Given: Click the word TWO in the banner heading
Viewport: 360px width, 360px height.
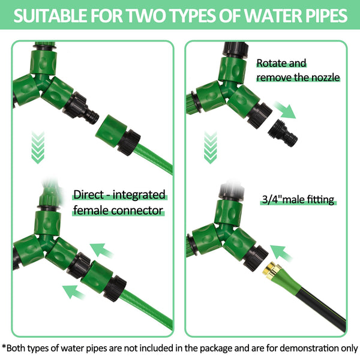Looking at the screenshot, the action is [x=146, y=16].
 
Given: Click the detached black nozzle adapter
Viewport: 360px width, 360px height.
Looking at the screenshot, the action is [x=283, y=133].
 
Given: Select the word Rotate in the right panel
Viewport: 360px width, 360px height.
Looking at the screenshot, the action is [x=270, y=63].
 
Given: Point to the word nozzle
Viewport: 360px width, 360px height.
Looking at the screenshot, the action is [x=325, y=77].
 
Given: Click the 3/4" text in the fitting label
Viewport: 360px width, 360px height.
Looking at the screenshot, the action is [x=272, y=199].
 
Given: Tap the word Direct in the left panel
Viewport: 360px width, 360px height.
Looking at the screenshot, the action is [x=89, y=194].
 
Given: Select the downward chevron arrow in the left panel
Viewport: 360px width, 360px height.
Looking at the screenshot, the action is [x=38, y=148].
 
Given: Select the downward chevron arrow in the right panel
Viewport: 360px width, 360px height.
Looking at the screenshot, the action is [x=211, y=148].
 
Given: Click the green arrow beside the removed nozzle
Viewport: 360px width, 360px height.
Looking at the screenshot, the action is [x=284, y=110].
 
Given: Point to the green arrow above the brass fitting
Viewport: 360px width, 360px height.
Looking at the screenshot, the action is [x=281, y=253].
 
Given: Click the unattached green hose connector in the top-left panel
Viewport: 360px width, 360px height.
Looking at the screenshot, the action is [x=118, y=135].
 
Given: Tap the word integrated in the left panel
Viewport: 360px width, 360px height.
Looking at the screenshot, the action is [x=139, y=195].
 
